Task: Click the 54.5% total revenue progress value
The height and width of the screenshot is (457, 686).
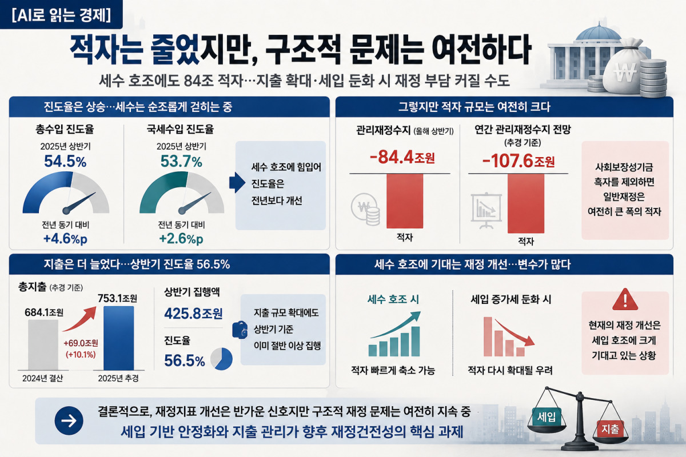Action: pos(65,161)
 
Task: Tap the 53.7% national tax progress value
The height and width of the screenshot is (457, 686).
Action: pos(181,161)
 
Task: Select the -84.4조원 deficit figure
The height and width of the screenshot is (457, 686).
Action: pos(402,157)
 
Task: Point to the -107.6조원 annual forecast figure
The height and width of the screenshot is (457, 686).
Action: pos(519,161)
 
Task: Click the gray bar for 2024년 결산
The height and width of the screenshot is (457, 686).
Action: pos(43,345)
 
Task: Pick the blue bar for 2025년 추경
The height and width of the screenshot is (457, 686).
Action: pos(118,338)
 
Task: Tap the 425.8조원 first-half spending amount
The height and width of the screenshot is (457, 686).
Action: pos(193,314)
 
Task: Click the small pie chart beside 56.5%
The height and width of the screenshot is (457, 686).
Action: pos(221,359)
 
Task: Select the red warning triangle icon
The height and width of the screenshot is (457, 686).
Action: pos(625,300)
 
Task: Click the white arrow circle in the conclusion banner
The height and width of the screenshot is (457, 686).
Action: pos(69,420)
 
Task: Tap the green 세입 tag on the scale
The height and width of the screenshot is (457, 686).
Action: pos(547,416)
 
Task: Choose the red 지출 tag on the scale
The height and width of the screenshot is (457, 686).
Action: pos(611,429)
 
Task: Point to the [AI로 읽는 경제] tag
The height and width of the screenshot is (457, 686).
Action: pos(61,15)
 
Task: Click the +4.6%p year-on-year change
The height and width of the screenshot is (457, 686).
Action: pos(65,239)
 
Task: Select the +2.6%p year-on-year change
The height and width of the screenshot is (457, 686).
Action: pos(181,239)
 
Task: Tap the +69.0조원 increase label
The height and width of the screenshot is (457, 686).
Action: pos(81,343)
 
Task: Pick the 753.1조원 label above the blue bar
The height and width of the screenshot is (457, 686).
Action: pos(117,298)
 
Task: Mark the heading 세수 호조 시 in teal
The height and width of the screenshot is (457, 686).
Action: pos(393,299)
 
